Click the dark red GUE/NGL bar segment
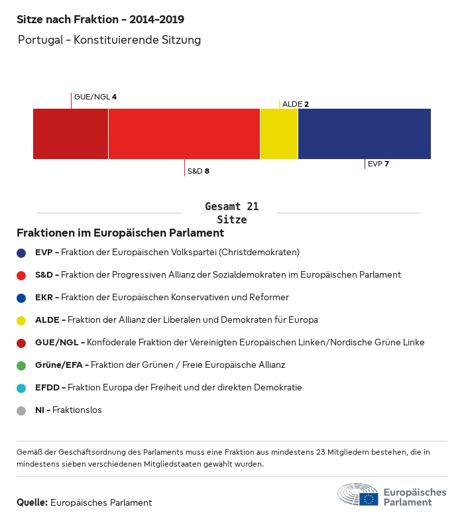[x=70, y=134]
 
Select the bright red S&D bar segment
[x=184, y=134]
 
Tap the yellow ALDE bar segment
[x=279, y=134]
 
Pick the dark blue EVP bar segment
[x=364, y=134]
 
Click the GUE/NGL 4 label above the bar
[x=95, y=97]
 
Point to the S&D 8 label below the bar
[x=198, y=171]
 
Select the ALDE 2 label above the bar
[x=296, y=104]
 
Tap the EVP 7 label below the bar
[x=378, y=164]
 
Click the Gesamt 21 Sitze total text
[x=232, y=213]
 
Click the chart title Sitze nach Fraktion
[x=100, y=19]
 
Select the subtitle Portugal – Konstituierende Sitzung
[x=109, y=40]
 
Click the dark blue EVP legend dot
[x=21, y=253]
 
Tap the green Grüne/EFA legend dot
[x=21, y=365]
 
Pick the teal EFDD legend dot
[x=21, y=388]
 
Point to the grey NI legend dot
[x=21, y=410]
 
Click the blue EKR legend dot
[x=21, y=298]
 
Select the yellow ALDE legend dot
[x=21, y=320]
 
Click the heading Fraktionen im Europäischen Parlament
[x=120, y=233]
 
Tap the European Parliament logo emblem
[x=358, y=494]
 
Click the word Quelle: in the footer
[x=32, y=502]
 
